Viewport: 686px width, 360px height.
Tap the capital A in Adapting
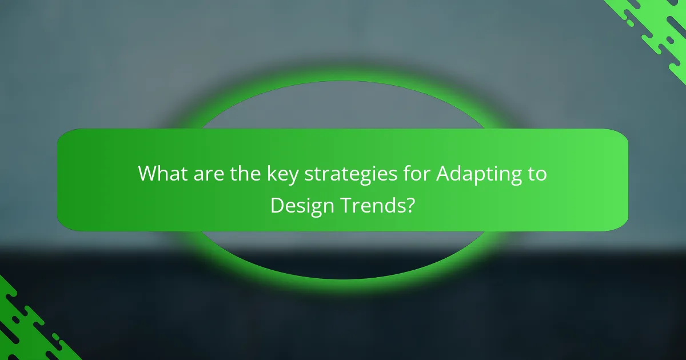coord(444,174)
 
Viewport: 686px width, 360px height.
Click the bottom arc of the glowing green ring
coord(343,278)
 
